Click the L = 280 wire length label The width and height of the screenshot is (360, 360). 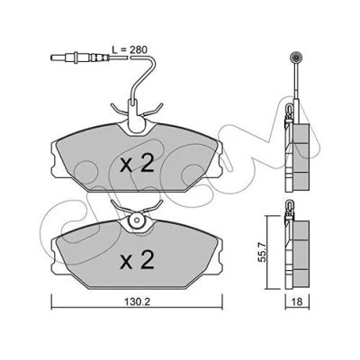(130, 49)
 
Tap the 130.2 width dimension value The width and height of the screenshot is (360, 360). (138, 301)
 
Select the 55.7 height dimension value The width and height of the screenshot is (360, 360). (262, 253)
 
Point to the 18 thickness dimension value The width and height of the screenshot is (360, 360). (297, 301)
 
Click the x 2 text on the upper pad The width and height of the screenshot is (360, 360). (137, 164)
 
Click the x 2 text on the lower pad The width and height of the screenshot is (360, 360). (137, 260)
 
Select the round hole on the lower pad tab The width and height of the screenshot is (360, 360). (137, 221)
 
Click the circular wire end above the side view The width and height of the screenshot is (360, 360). (296, 57)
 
